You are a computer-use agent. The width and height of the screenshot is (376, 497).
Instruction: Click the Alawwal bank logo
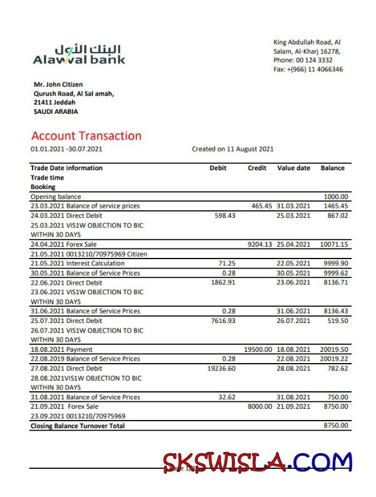coord(79,54)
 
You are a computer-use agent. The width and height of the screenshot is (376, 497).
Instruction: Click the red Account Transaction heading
coord(86,136)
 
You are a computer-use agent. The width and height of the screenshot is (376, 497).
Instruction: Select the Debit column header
coord(218,168)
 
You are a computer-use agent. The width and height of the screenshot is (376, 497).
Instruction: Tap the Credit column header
coord(257,168)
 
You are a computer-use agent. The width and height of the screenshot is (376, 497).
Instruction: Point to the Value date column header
coord(293,168)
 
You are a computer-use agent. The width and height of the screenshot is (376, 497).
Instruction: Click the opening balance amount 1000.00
coord(336,197)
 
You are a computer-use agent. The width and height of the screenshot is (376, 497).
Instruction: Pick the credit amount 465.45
coord(262,206)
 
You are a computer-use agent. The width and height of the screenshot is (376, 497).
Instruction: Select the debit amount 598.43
coord(225,215)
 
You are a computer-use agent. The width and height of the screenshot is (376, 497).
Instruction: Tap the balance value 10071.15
coord(333,244)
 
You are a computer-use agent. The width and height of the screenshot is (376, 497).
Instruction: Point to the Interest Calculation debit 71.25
coord(227,264)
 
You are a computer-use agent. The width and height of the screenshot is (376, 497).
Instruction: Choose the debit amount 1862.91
coord(223,282)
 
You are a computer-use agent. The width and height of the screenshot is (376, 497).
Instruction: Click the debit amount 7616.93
coord(223,320)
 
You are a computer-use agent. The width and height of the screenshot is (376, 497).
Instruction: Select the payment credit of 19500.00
coord(258,349)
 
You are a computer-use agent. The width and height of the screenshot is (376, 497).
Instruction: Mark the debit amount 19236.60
coord(221,368)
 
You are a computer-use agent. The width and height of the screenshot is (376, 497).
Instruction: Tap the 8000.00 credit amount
coord(260,406)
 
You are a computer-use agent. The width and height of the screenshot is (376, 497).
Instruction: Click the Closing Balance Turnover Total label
coord(78,426)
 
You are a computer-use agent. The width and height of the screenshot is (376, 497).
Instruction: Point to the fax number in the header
coord(308,69)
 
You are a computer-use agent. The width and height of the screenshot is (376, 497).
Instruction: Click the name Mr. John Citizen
coord(58,85)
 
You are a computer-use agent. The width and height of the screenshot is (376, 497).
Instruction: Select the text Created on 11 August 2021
coord(233,149)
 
